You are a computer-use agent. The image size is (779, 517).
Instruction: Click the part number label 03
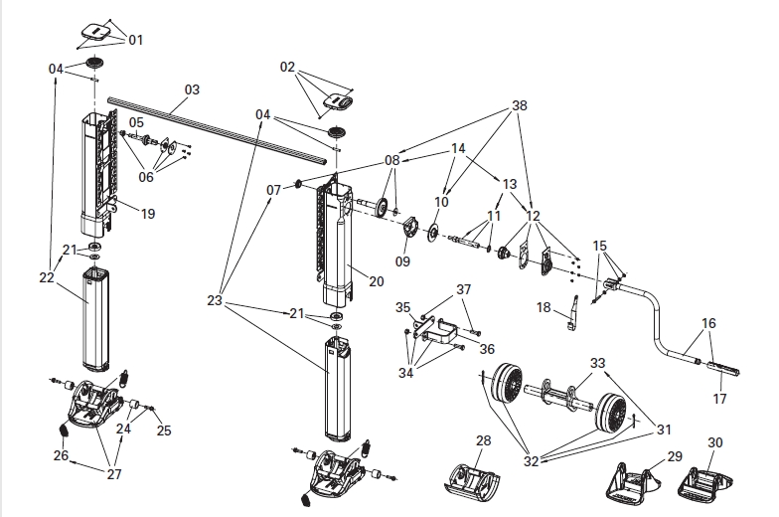192,89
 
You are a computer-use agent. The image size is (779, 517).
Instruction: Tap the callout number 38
519,105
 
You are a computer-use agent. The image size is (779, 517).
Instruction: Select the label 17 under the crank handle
719,398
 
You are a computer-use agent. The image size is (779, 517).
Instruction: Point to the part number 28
483,440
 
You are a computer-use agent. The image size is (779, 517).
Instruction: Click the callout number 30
715,442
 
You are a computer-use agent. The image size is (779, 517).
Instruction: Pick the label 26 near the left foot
61,455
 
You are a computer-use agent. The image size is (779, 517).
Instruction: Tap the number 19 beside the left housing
148,214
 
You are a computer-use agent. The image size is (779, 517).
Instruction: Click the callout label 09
402,260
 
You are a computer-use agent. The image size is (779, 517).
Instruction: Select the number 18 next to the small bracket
545,308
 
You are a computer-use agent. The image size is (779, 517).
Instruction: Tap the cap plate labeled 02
338,101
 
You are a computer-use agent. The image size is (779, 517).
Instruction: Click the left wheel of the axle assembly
507,384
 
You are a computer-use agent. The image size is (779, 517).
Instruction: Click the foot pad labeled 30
705,483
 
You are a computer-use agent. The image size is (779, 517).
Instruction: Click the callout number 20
377,281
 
